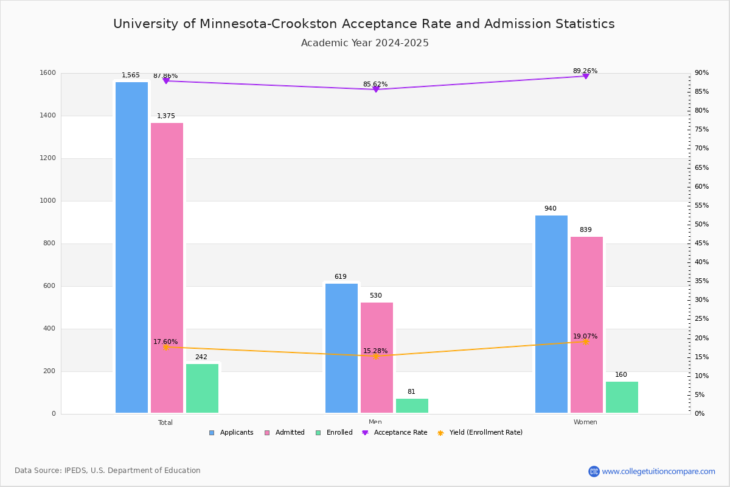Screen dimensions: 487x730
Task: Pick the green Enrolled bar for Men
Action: [x=412, y=405]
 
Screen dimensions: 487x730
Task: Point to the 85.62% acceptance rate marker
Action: [x=376, y=89]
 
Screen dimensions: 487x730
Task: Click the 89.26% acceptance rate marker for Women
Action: [x=586, y=76]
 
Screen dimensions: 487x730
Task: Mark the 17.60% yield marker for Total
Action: [x=165, y=347]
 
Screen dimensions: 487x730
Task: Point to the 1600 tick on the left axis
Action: [x=48, y=73]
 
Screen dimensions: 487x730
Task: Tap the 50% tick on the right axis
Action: [x=701, y=225]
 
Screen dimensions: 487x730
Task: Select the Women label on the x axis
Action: [x=585, y=422]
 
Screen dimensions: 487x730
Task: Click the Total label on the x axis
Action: [x=165, y=422]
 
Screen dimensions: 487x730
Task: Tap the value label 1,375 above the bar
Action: [x=166, y=116]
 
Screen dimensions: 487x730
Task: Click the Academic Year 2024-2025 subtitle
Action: [x=365, y=43]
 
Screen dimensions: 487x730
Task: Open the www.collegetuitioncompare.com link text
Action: [x=658, y=471]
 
